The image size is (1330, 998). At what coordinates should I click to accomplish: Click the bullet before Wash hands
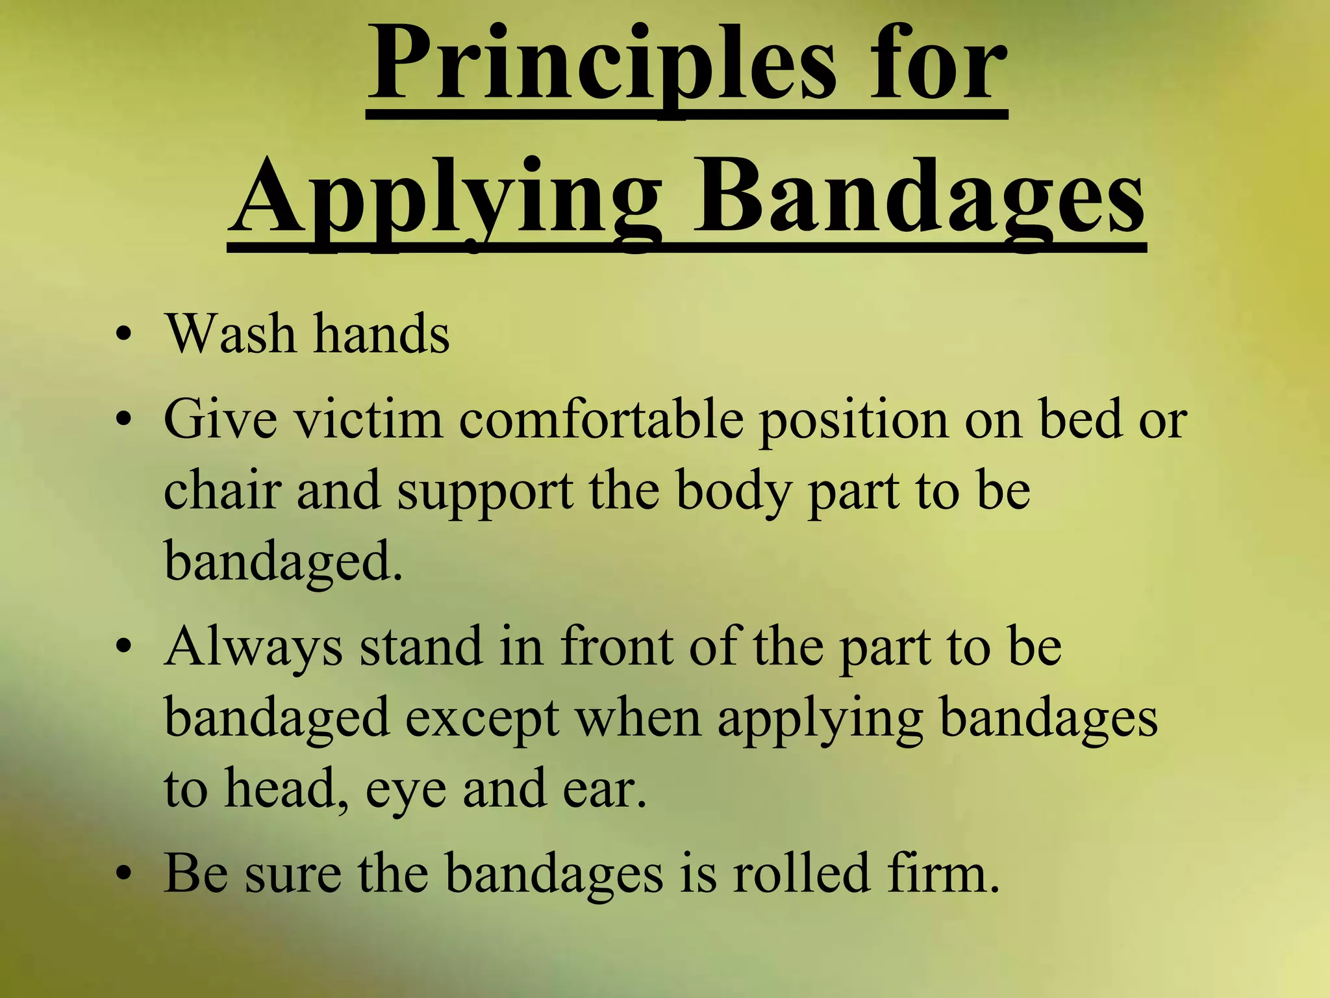pyautogui.click(x=123, y=336)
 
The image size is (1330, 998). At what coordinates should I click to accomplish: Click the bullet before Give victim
pyautogui.click(x=123, y=421)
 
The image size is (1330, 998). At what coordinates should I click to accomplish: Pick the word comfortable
pyautogui.click(x=601, y=420)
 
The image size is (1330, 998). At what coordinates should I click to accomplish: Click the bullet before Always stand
pyautogui.click(x=123, y=648)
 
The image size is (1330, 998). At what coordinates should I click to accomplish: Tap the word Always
pyautogui.click(x=253, y=648)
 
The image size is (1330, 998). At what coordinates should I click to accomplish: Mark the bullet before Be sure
pyautogui.click(x=123, y=874)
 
